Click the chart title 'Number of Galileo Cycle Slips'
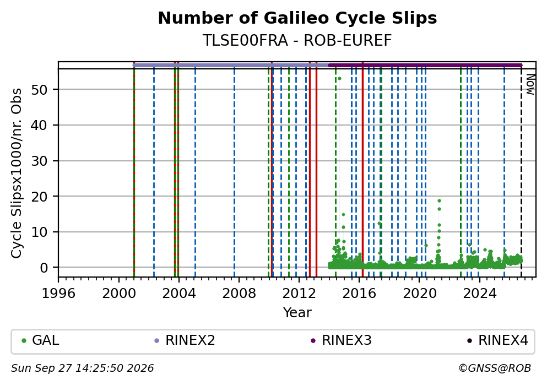point(297,18)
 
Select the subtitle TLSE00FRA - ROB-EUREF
point(297,41)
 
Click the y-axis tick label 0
point(44,268)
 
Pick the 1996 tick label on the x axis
point(58,293)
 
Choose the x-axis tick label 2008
point(239,293)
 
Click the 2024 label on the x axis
point(479,293)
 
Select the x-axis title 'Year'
point(297,312)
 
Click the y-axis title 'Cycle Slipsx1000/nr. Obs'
point(17,173)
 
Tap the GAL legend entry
point(40,340)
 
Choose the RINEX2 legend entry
point(185,340)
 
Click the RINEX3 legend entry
point(341,340)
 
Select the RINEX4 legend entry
point(498,340)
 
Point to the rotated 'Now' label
point(530,84)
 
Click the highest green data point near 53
point(339,78)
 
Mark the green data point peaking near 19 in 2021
point(439,201)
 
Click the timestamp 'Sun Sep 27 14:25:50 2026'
point(82,368)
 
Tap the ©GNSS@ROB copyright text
point(495,368)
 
